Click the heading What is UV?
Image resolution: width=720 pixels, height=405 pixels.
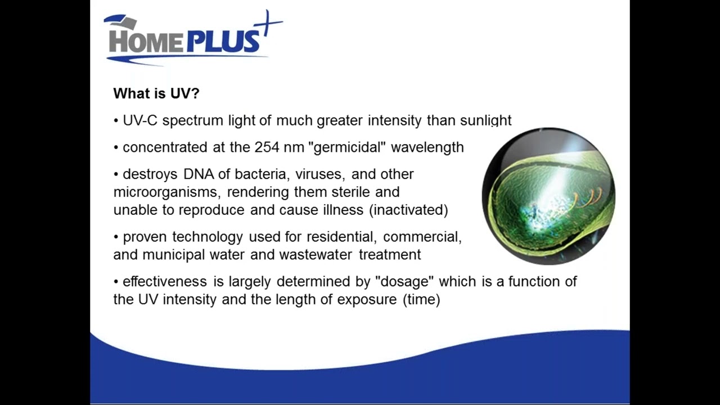coord(156,93)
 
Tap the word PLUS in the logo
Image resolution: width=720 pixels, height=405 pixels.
coord(224,42)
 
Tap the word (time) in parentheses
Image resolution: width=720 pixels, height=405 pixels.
coord(421,299)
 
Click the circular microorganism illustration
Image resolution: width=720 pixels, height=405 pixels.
coord(548,196)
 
